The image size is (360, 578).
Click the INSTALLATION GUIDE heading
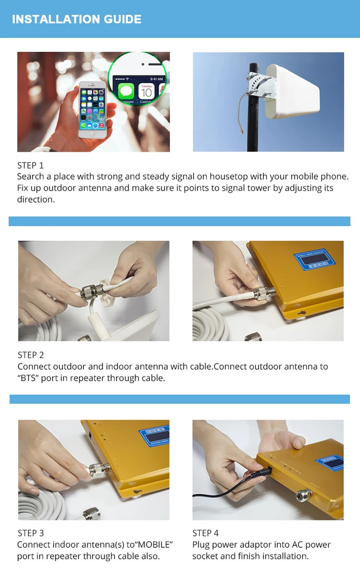click(77, 19)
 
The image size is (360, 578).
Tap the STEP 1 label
click(30, 166)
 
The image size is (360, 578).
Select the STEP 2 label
click(31, 355)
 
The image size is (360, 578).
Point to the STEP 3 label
click(31, 533)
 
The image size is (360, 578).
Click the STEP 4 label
click(205, 533)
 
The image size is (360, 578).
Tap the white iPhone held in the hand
click(93, 109)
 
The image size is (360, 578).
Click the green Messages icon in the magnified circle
click(126, 91)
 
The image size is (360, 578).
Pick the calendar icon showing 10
click(146, 91)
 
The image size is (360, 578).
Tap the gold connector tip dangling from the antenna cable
click(242, 132)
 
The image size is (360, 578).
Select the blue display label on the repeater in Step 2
click(314, 259)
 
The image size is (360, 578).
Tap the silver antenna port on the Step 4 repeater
click(304, 495)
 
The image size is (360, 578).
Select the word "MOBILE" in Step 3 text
click(154, 545)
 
